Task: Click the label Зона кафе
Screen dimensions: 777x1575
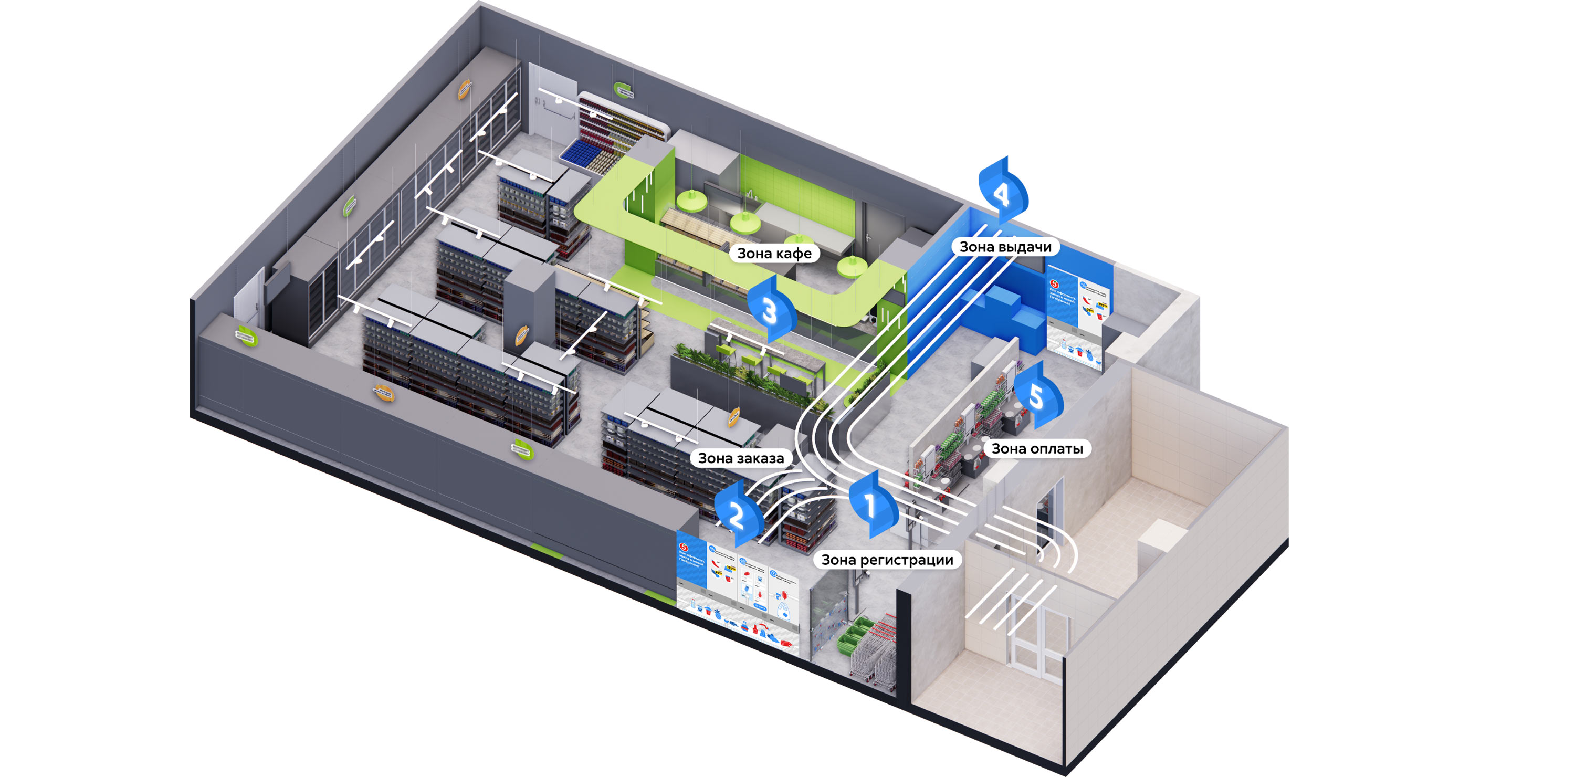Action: pos(774,253)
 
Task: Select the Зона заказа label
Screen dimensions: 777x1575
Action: pos(740,458)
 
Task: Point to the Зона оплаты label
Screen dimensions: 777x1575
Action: pos(1036,449)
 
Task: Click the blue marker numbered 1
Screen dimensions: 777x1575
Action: pos(871,505)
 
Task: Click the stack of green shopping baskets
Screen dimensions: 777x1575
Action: pos(854,632)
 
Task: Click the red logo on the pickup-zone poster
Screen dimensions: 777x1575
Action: pos(1054,284)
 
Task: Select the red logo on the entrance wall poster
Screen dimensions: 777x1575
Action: pos(684,547)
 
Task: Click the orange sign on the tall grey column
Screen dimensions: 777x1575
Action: pos(521,335)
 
